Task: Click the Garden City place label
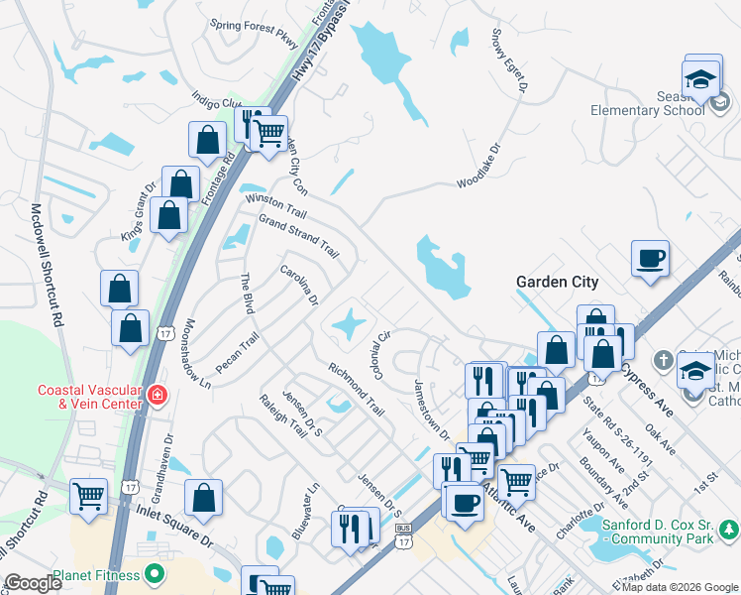pos(558,282)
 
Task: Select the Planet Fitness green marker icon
pos(154,573)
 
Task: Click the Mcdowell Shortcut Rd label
pos(48,265)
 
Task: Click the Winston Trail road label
pos(276,206)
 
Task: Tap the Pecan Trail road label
pos(237,353)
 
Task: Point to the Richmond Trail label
pos(356,390)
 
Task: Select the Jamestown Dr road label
pos(432,411)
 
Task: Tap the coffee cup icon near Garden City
pos(651,259)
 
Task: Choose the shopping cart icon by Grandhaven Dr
pos(89,496)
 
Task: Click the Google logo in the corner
pos(33,583)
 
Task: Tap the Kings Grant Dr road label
pos(139,206)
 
